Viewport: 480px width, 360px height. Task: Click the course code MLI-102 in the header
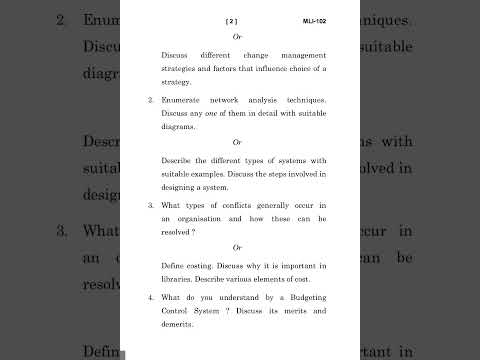pos(315,20)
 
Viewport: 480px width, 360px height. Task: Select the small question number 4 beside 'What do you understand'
pos(150,298)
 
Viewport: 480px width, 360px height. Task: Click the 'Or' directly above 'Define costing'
pos(238,247)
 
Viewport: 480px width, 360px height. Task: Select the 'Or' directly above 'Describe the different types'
pos(238,142)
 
